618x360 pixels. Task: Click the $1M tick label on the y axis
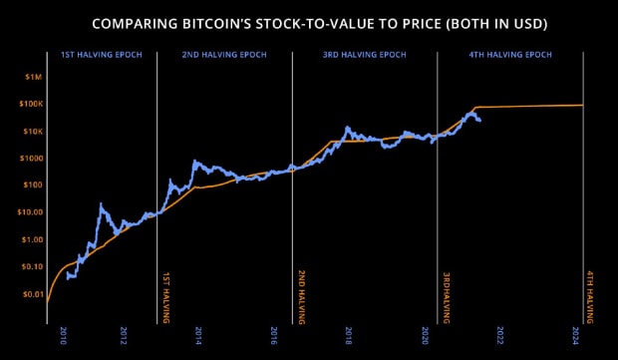32,77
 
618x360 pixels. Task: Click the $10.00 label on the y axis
28,212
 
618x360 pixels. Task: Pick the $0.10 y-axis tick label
30,266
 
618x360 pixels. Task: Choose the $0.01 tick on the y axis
30,294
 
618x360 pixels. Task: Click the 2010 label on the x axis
64,334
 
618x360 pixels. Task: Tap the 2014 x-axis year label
198,334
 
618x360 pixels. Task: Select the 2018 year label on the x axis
348,334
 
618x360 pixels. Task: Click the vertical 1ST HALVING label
165,296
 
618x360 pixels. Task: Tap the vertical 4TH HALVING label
590,296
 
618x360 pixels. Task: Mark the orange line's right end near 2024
582,105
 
